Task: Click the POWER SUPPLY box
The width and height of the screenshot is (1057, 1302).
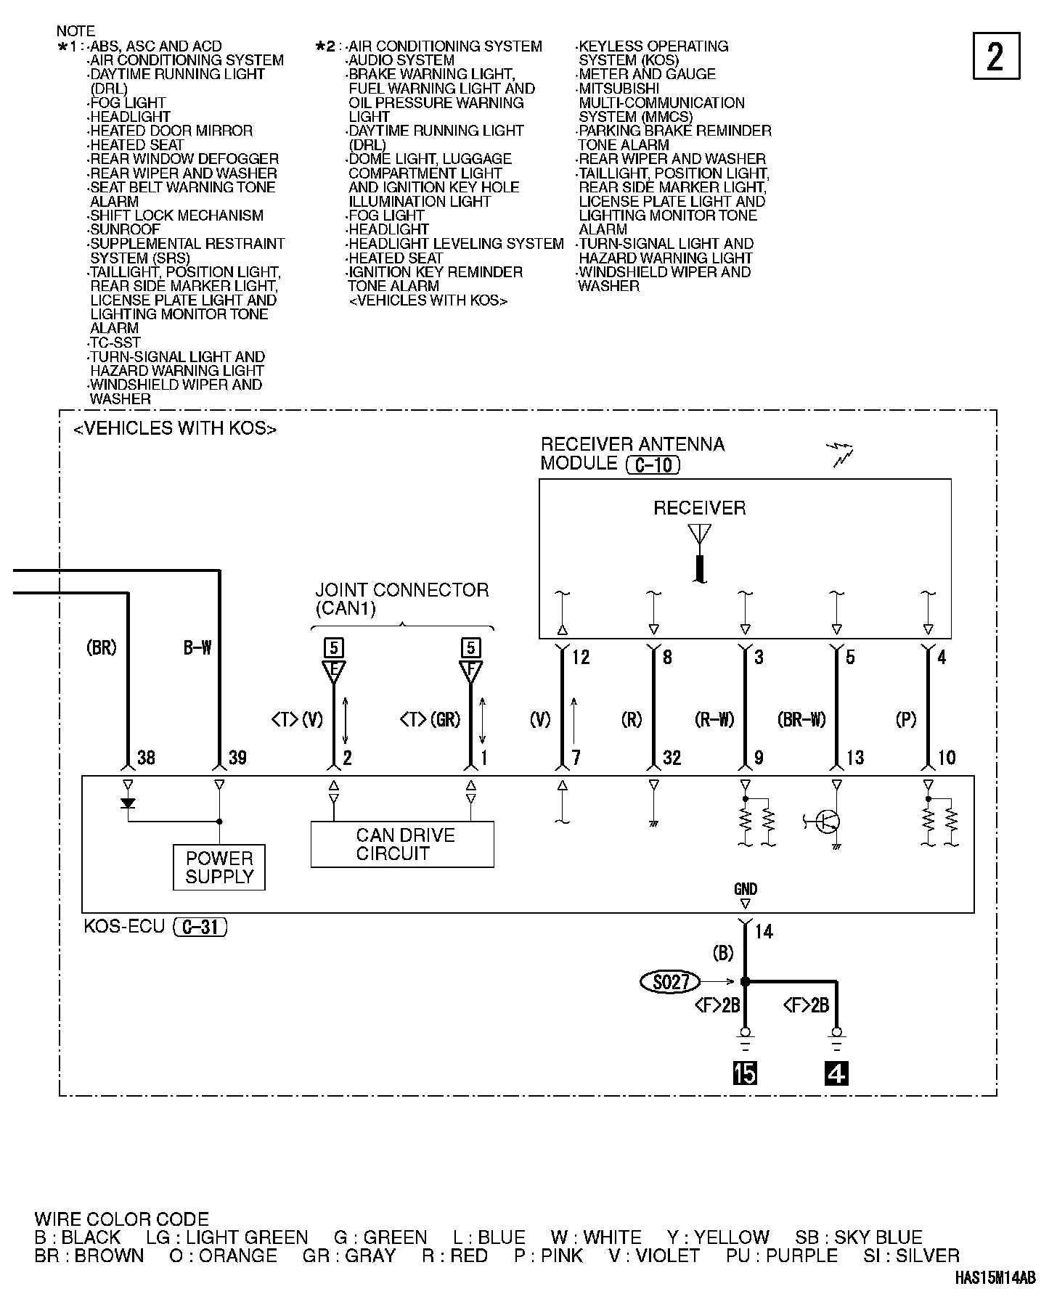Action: click(x=219, y=867)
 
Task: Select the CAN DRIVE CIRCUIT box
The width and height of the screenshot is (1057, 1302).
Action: click(x=402, y=844)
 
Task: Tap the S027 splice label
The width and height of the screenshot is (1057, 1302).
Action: click(x=669, y=982)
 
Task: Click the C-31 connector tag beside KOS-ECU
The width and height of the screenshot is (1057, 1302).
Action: click(x=200, y=927)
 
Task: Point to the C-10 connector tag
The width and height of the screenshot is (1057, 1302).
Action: click(x=653, y=464)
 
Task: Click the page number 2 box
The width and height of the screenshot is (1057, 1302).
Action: click(x=995, y=56)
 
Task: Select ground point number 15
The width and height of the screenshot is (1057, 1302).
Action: click(x=745, y=1073)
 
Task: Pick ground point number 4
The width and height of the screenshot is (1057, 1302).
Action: click(x=836, y=1073)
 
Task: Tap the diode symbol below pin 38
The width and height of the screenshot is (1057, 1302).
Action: click(x=128, y=803)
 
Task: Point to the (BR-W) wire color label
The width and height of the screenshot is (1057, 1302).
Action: click(x=801, y=720)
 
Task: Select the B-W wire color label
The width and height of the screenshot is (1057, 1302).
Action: click(x=197, y=648)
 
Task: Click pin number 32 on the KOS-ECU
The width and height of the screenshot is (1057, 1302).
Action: click(x=672, y=758)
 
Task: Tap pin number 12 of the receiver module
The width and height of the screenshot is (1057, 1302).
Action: click(x=581, y=658)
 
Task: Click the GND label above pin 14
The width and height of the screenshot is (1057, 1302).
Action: click(x=745, y=889)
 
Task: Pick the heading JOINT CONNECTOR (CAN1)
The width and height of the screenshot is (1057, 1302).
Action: click(x=401, y=599)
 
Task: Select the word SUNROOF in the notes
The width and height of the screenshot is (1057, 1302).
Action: click(x=124, y=229)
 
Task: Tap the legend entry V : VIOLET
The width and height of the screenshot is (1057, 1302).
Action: click(x=654, y=1256)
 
